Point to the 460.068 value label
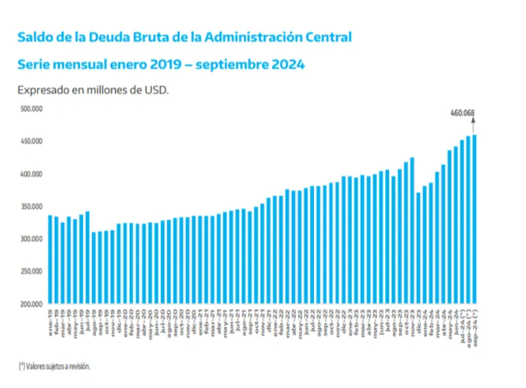point(462,113)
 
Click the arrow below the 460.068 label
point(474,125)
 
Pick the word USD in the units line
point(157,90)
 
